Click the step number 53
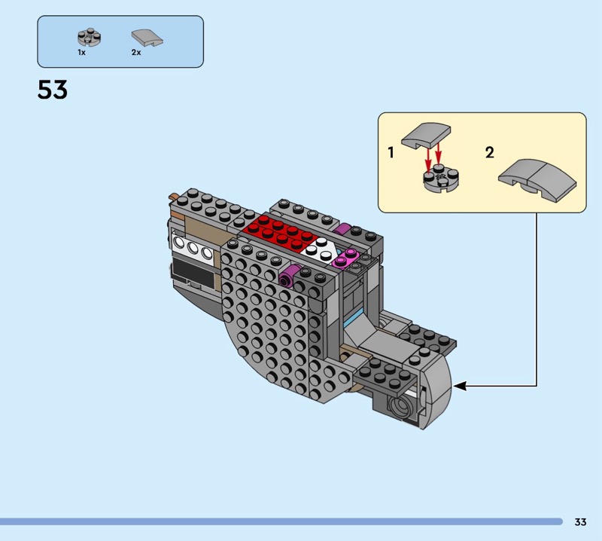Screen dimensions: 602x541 [x=52, y=90]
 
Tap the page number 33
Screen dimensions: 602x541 [x=580, y=521]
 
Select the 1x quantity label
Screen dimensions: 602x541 [x=82, y=52]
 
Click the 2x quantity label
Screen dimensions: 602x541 [x=136, y=52]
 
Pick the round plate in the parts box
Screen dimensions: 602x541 [x=89, y=37]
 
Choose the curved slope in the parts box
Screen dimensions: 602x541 [x=147, y=38]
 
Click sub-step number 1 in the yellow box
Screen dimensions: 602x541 [x=391, y=153]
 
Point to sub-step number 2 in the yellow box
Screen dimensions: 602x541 [x=490, y=153]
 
